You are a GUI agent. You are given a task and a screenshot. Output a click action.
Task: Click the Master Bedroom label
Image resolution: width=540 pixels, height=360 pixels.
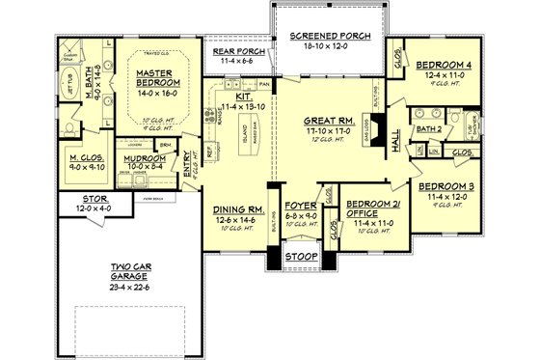pyautogui.click(x=153, y=78)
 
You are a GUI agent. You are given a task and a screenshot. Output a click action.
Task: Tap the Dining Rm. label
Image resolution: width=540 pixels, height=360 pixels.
pyautogui.click(x=236, y=210)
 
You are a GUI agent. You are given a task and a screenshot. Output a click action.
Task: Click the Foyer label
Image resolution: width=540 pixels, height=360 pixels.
pyautogui.click(x=300, y=207)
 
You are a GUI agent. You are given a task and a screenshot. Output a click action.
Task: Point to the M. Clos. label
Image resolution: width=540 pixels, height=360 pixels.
pyautogui.click(x=87, y=157)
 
